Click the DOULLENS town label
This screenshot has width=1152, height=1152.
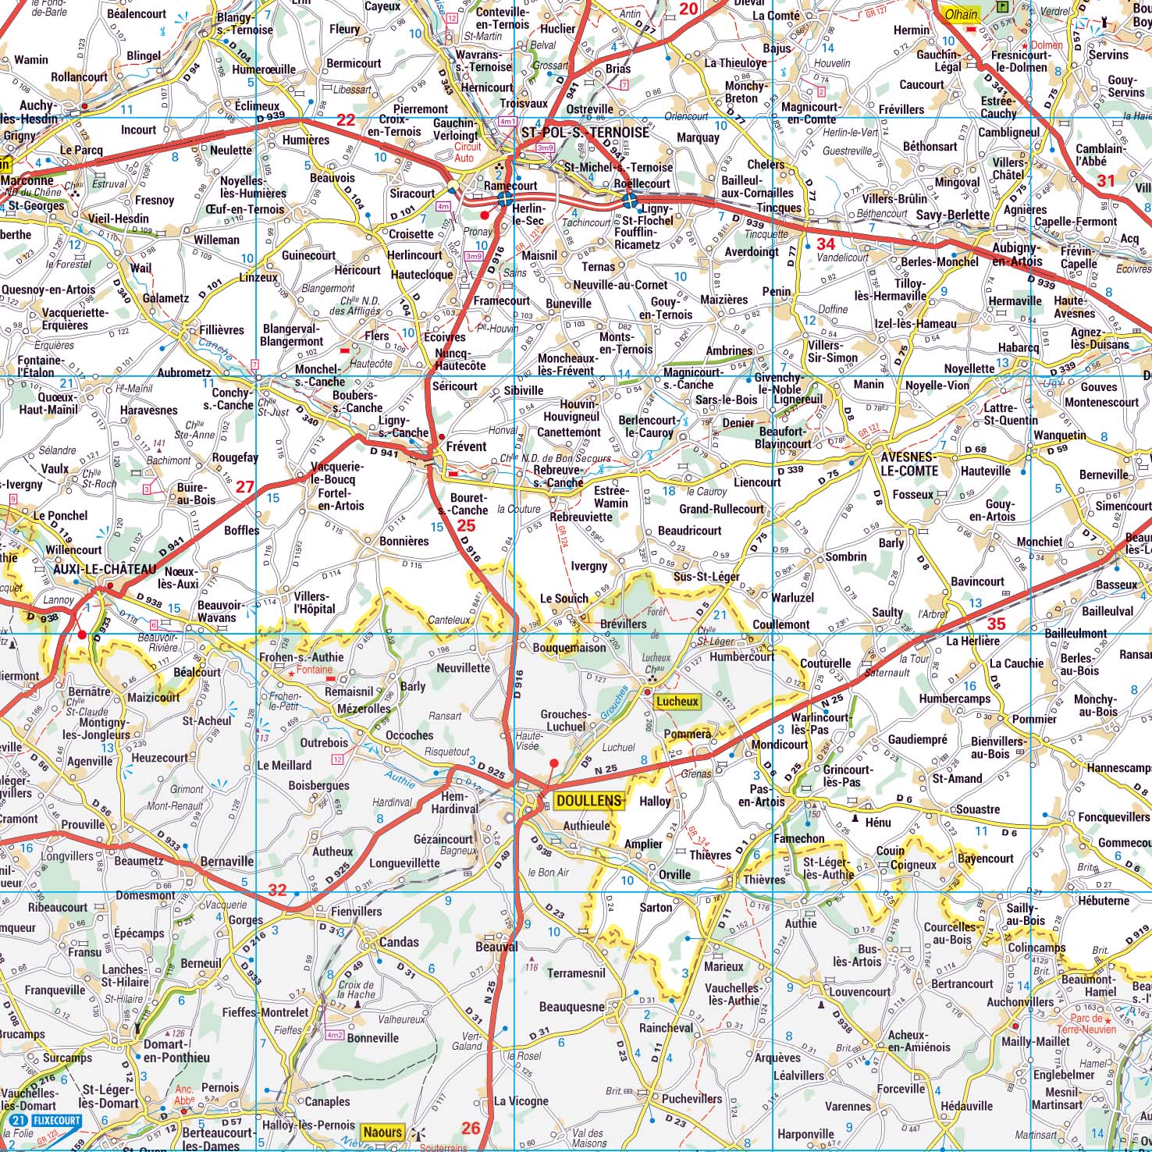point(589,801)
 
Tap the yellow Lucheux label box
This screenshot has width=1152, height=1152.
point(677,701)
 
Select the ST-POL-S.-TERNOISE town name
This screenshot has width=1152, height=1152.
point(585,133)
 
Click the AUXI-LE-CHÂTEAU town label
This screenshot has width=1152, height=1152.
point(105,570)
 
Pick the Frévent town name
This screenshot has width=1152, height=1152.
point(466,446)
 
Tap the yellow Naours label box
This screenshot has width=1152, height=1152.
point(382,1132)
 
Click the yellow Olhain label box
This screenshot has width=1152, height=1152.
point(961,15)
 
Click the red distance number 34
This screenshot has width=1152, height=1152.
point(826,244)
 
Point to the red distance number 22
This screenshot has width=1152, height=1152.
point(345,120)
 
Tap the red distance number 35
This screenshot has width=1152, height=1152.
point(996,624)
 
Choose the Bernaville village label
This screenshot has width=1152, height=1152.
point(227,861)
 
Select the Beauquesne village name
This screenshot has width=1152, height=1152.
point(571,1007)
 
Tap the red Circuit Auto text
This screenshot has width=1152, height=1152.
point(468,152)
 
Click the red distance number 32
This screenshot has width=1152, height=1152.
point(277,890)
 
